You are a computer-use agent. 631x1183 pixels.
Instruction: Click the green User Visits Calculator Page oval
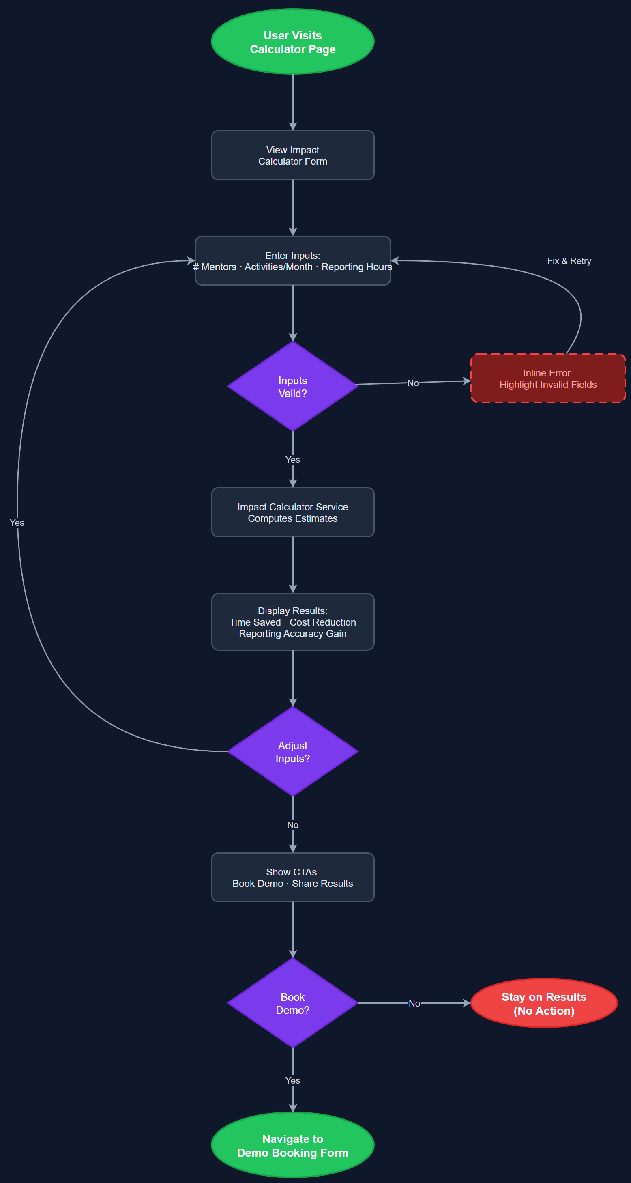coord(293,42)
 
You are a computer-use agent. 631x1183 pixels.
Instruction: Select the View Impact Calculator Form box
coord(293,155)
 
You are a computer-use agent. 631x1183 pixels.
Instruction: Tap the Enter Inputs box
coord(293,261)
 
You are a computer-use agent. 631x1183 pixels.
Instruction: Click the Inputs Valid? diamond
coord(293,386)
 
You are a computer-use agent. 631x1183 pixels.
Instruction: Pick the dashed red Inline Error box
coord(548,379)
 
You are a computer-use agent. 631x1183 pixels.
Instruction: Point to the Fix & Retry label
coord(569,261)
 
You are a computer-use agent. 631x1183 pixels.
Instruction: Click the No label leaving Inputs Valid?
coord(412,383)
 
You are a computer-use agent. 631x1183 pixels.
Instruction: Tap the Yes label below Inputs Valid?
coord(293,460)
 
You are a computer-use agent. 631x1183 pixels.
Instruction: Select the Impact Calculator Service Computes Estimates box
coord(293,512)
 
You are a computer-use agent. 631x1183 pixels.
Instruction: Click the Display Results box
coord(293,622)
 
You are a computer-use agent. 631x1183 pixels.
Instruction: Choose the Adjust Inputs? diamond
coord(293,751)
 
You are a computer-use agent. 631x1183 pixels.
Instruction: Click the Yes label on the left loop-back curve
coord(17,523)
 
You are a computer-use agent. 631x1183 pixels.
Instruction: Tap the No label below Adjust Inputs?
coord(293,825)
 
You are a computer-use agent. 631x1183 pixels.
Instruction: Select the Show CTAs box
coord(293,877)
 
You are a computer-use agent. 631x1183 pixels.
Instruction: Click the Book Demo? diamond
coord(293,1003)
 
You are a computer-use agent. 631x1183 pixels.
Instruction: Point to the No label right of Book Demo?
coord(414,1003)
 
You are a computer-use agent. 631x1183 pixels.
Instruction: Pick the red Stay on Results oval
coord(544,1003)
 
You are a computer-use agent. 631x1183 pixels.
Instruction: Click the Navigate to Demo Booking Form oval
coord(293,1145)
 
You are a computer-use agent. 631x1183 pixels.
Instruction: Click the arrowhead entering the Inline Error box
coord(467,381)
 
